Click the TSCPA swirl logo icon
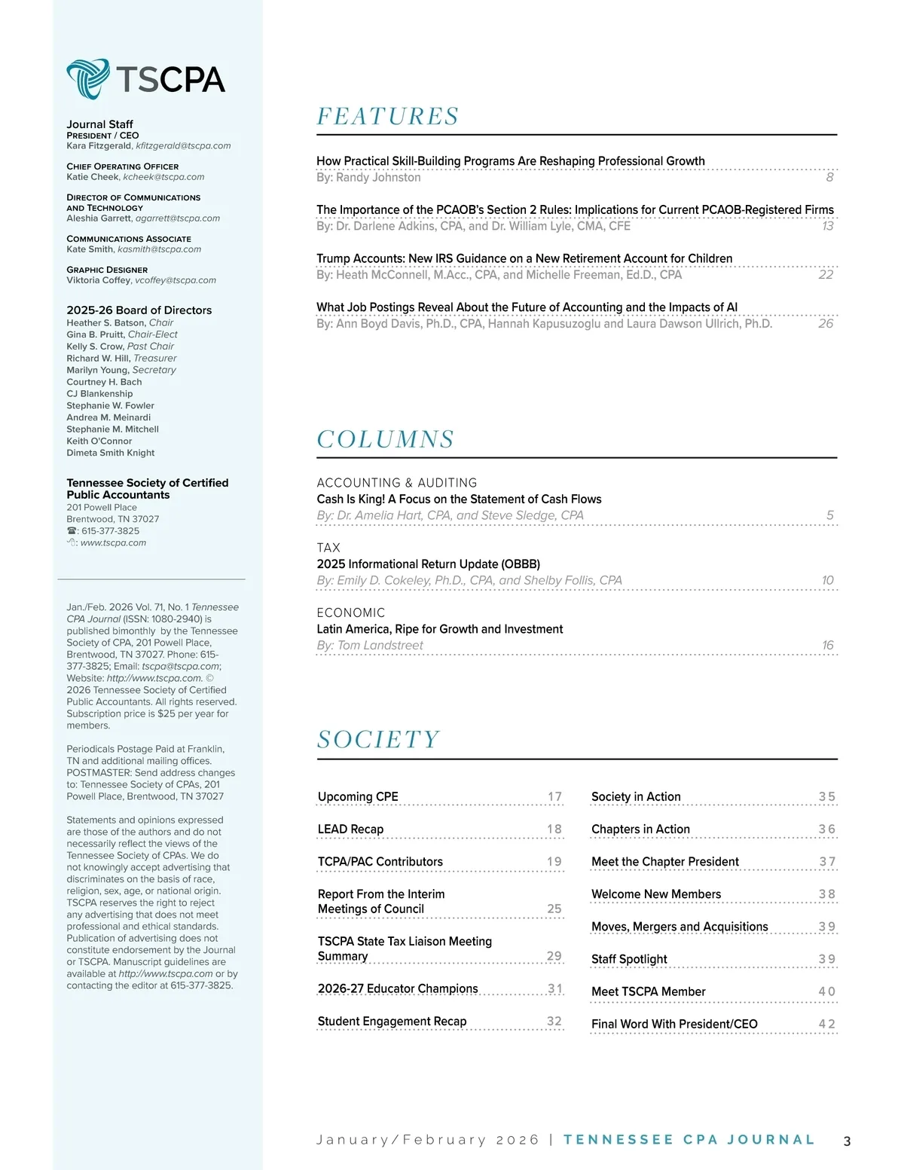coord(88,78)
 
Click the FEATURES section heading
coord(387,117)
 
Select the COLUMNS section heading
coord(385,439)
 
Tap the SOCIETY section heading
coord(378,739)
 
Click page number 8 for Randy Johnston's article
coord(829,178)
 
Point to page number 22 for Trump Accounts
coord(826,275)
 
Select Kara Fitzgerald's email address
coord(183,146)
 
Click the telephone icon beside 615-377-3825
coord(72,531)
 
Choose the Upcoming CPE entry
coord(358,797)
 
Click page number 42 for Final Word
coord(826,1025)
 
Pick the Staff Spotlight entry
coord(629,959)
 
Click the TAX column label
coord(328,548)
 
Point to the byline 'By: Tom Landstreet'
coord(370,646)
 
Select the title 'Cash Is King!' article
coord(459,499)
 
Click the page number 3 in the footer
coord(847,1141)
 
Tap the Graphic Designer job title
coord(107,270)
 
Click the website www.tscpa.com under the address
coord(113,543)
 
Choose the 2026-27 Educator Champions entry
coord(398,988)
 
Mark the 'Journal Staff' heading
coord(99,124)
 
